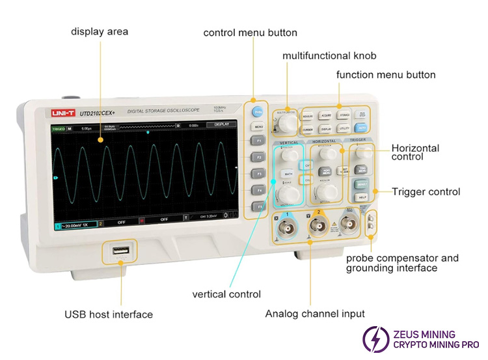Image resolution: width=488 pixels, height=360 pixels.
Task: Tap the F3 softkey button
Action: tap(258, 174)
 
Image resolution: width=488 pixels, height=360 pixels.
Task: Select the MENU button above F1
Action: tap(258, 127)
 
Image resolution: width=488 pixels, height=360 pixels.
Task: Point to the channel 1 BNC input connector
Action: tap(285, 226)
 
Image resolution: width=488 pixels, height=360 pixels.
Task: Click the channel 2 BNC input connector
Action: tap(318, 226)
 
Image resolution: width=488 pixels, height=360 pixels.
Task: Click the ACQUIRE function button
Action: tap(326, 116)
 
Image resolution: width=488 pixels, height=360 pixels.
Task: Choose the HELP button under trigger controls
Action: tap(362, 196)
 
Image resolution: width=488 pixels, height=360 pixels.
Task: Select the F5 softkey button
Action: tap(259, 206)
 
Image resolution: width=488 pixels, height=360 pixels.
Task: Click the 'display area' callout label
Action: tap(100, 31)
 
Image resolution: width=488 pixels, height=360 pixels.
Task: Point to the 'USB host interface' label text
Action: tap(109, 314)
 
